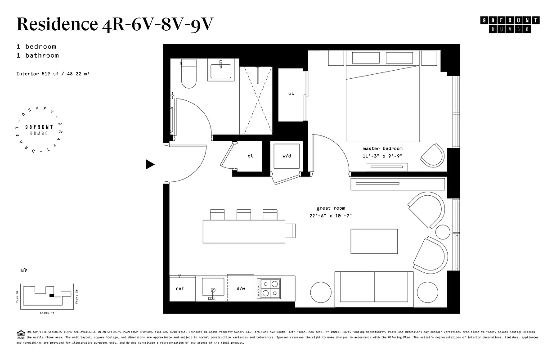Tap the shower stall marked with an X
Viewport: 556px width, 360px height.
tap(258, 100)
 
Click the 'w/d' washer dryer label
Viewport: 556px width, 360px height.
tap(287, 156)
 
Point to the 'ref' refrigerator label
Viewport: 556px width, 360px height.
tap(180, 288)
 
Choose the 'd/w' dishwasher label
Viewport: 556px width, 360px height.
tap(241, 288)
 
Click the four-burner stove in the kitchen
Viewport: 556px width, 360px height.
tap(269, 288)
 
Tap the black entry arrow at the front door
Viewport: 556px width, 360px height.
tap(150, 165)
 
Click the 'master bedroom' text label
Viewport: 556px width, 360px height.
tap(382, 148)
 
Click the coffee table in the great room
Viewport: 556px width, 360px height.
tap(374, 241)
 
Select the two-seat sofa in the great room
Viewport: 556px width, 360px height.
tap(374, 289)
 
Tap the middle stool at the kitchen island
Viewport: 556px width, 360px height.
tap(243, 214)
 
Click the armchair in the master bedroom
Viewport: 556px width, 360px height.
tap(433, 156)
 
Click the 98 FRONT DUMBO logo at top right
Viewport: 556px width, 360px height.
tap(510, 25)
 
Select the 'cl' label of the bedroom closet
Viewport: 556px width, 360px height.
tap(291, 94)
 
